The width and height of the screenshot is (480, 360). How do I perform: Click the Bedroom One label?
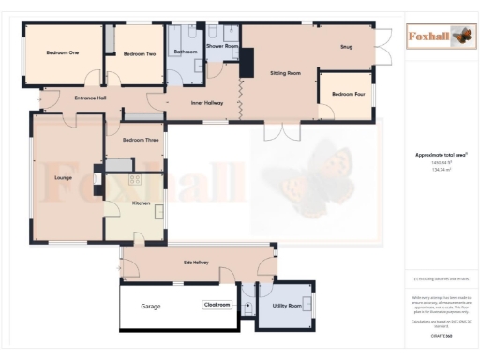click(61, 53)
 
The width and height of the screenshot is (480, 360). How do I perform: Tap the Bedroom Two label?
click(139, 54)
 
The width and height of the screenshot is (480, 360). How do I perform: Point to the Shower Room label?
click(222, 45)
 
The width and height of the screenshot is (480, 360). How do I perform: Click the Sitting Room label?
click(285, 72)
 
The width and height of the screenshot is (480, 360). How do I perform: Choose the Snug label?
click(346, 45)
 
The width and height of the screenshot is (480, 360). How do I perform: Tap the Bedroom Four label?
click(348, 94)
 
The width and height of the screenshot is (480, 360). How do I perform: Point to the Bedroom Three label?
click(141, 140)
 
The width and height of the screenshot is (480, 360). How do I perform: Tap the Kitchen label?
click(141, 202)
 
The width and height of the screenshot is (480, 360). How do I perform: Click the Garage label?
click(151, 307)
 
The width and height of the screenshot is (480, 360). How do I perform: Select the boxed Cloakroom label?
click(217, 305)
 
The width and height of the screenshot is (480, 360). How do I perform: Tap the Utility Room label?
click(287, 306)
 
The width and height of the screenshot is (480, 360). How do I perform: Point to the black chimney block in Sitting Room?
click(247, 63)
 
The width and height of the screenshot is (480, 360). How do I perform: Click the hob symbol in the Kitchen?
click(134, 178)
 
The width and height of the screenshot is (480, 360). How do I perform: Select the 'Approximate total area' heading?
click(441, 154)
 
